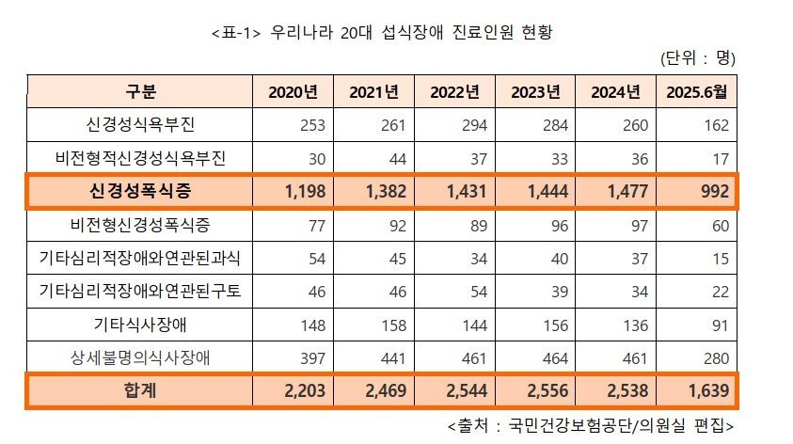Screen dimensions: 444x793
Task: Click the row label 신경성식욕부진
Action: [x=139, y=124]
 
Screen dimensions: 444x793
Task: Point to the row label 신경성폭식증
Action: [x=139, y=191]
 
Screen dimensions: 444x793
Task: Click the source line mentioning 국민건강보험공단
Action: [x=585, y=424]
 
